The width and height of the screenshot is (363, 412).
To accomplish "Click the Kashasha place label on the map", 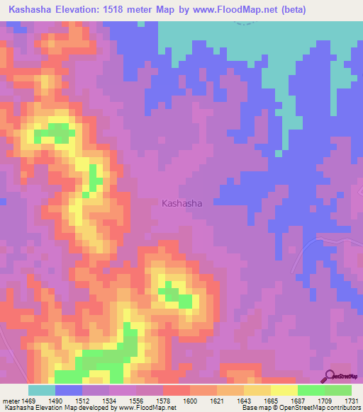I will tap(181, 203).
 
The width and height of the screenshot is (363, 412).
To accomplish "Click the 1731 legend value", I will tap(350, 401).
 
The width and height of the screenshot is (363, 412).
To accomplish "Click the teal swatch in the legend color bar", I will tap(41, 390).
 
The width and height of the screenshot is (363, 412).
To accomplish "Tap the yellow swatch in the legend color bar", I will tap(284, 390).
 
